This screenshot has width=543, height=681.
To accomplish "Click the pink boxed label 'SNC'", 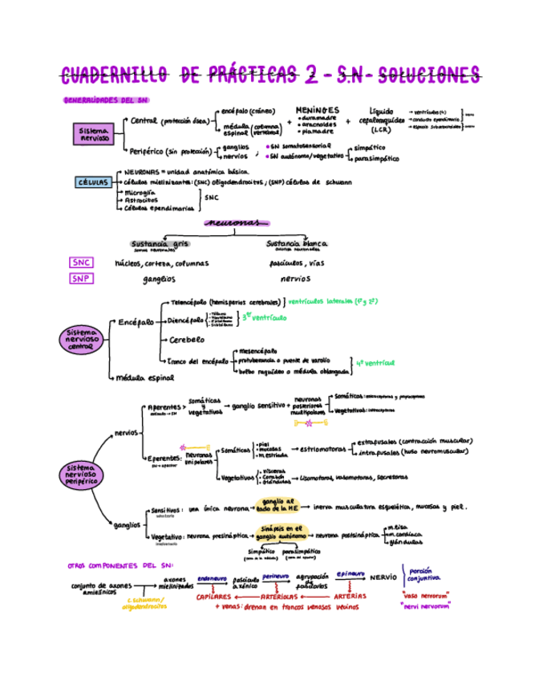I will (x=82, y=263).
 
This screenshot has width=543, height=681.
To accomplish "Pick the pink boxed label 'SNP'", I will (x=81, y=279).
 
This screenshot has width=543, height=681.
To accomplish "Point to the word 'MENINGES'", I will (x=317, y=110).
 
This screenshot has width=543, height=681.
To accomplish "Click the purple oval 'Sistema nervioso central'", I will (x=80, y=339).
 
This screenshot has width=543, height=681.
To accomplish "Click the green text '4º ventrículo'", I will (x=375, y=363).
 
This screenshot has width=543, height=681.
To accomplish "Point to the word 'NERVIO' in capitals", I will (x=383, y=577).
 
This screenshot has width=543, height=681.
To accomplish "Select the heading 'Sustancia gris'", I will (x=160, y=244).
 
